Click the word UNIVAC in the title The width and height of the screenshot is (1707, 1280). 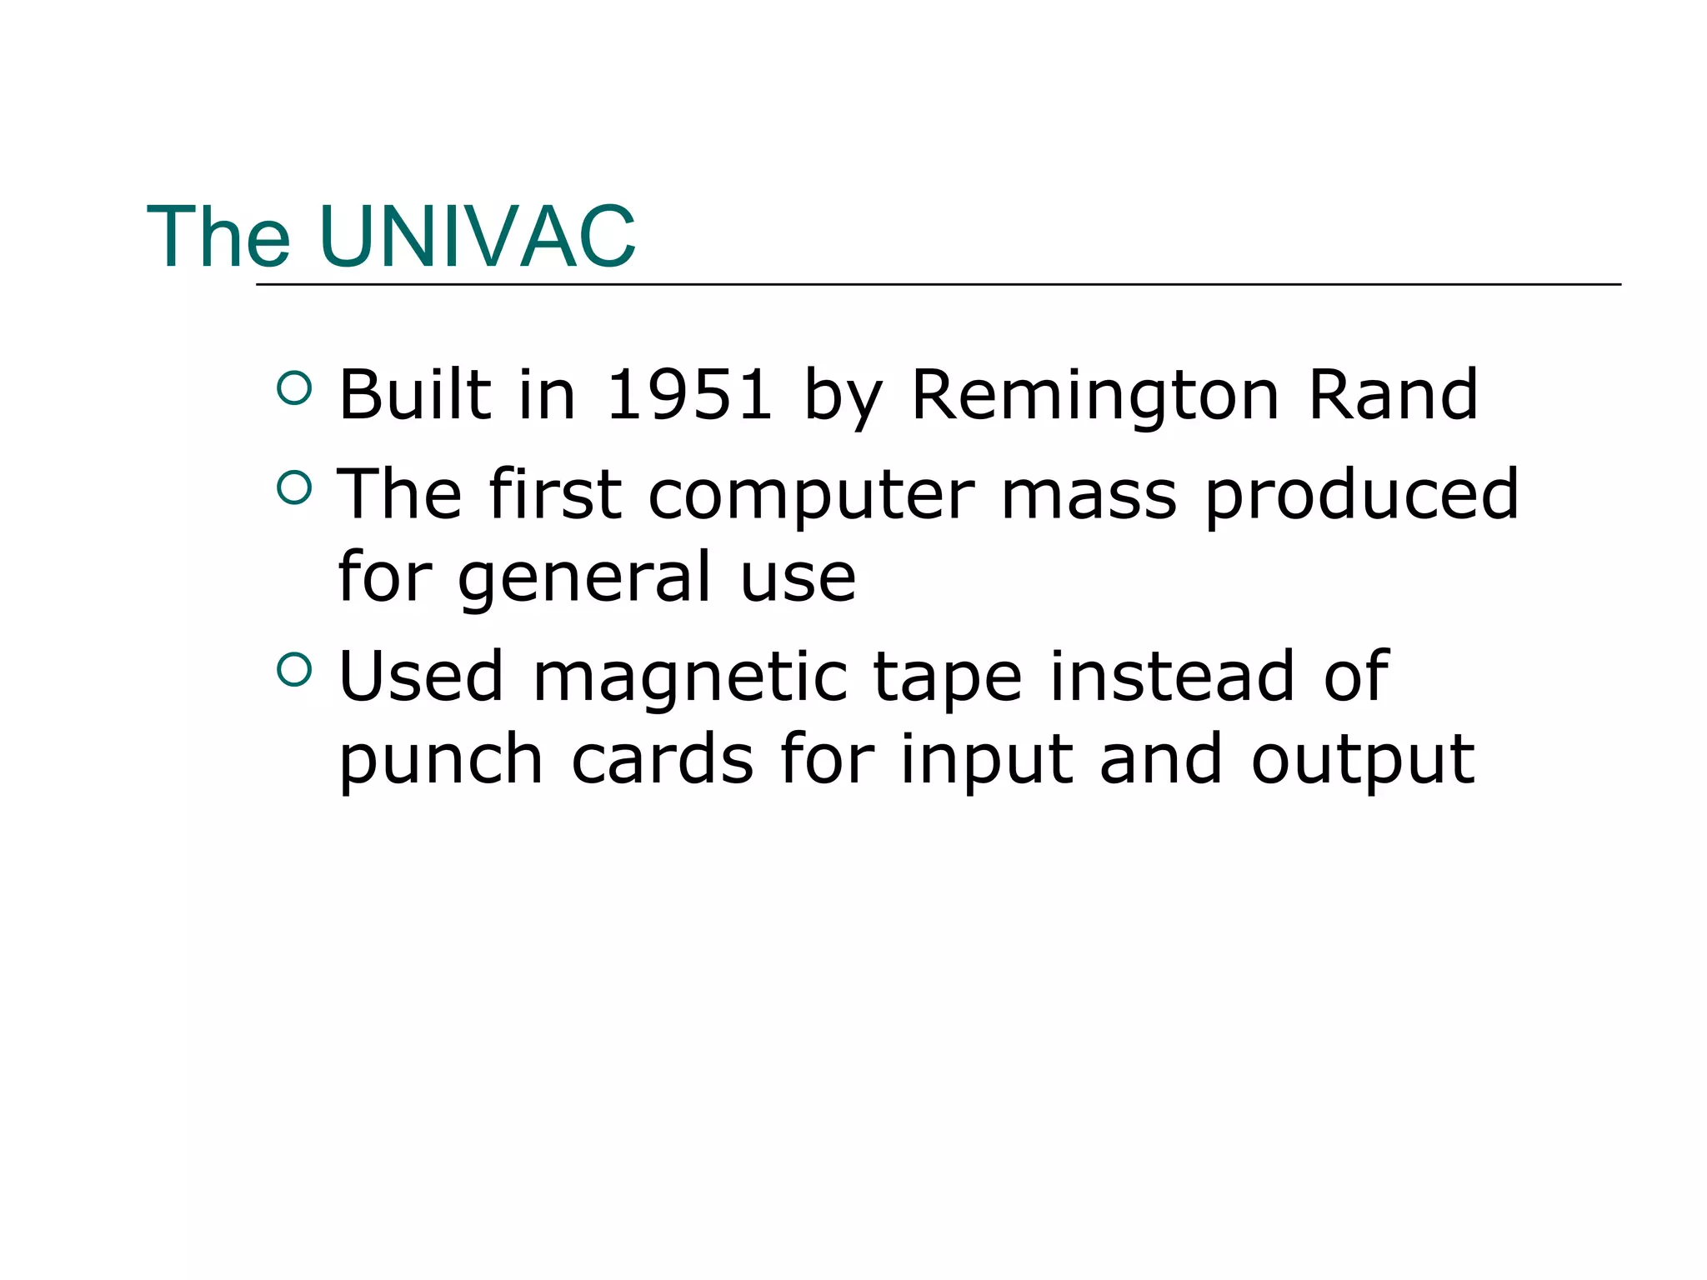coord(477,237)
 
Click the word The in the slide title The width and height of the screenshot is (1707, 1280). coord(218,237)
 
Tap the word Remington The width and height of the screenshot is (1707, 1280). coord(1095,396)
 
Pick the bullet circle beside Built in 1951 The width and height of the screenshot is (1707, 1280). coord(294,387)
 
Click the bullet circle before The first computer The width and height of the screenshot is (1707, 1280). coord(294,487)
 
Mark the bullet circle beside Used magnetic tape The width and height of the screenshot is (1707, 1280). coord(294,668)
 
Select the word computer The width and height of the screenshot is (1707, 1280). coord(811,496)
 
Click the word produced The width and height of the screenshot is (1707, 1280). coord(1362,494)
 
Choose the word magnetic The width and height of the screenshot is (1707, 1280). coord(689,677)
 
